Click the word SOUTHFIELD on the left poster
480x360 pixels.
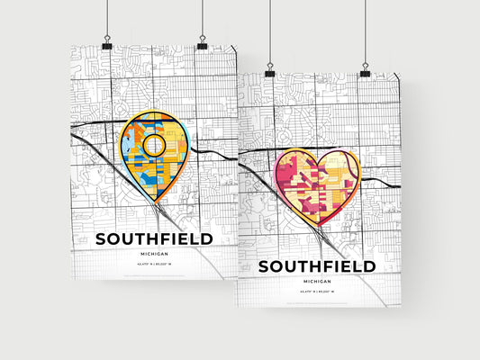154,239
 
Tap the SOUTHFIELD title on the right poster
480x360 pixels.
317,267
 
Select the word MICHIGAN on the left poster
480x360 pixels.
154,255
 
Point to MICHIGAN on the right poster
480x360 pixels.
317,283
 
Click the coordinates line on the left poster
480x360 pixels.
154,267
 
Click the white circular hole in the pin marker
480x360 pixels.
154,145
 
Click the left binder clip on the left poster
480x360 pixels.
106,44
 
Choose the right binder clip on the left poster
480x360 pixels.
202,44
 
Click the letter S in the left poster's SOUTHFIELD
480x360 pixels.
102,239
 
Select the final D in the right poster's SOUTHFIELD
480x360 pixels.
369,267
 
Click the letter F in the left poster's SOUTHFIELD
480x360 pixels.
162,239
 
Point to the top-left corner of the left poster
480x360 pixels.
71,45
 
